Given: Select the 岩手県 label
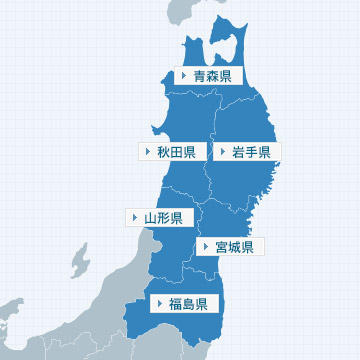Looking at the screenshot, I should click(250, 152).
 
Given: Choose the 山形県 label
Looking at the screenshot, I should click(161, 217).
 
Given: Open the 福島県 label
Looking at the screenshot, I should click(187, 303).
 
